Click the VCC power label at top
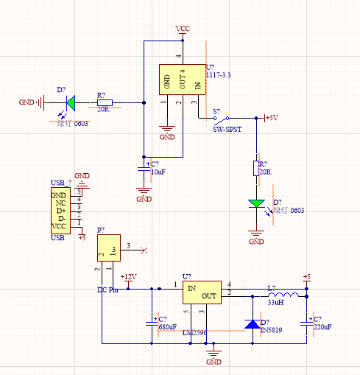[x=183, y=28]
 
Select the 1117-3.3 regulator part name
[x=220, y=75]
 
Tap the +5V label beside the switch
[x=270, y=117]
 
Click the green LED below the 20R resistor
[x=256, y=203]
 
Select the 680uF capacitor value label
[x=167, y=326]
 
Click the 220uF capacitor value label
[x=322, y=326]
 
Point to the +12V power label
[x=129, y=277]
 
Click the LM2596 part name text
[x=194, y=333]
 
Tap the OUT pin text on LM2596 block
[x=209, y=296]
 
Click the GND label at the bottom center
[x=213, y=362]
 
